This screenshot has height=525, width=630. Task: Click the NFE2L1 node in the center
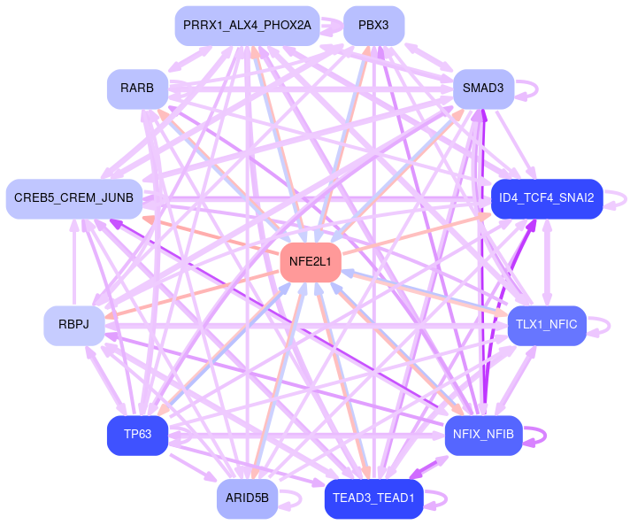tap(311, 262)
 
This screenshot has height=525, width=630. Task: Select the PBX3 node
tap(373, 26)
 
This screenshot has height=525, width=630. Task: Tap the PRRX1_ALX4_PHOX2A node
tap(247, 26)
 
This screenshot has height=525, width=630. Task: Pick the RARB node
tap(137, 89)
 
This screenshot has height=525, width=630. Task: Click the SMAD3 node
tap(483, 89)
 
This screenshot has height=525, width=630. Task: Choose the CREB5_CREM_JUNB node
tap(73, 198)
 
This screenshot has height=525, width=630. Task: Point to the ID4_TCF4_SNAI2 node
tap(547, 198)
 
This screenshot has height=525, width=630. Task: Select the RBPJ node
tap(74, 326)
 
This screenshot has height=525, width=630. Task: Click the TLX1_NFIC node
tap(547, 326)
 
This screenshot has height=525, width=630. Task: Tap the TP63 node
tap(137, 435)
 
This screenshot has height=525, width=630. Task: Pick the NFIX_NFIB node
tap(483, 435)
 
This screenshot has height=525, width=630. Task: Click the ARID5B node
tap(247, 498)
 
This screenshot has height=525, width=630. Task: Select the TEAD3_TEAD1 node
tap(373, 498)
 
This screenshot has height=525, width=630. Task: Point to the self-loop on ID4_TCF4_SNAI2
tap(625, 198)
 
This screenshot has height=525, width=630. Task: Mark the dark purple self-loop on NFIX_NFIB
tap(543, 435)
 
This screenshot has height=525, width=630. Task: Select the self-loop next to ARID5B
tap(299, 498)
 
